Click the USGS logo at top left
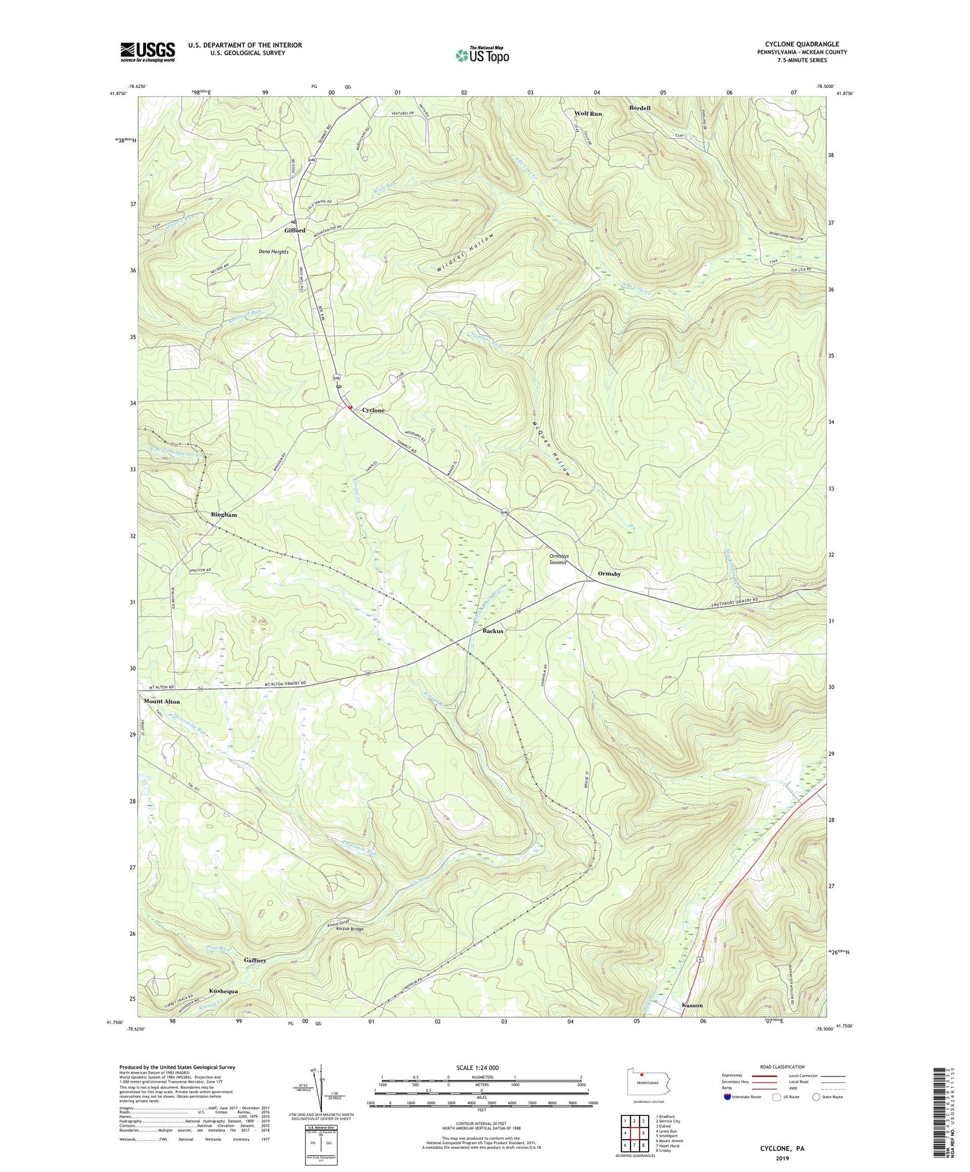[x=147, y=52]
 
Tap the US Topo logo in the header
[x=482, y=56]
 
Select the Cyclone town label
[x=373, y=410]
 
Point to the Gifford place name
[x=294, y=230]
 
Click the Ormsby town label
[x=609, y=573]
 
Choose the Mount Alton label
[x=162, y=701]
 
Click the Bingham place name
[x=224, y=515]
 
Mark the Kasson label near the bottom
[x=692, y=1005]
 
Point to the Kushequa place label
[x=223, y=990]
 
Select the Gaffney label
[x=255, y=960]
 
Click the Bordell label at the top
[x=640, y=108]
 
